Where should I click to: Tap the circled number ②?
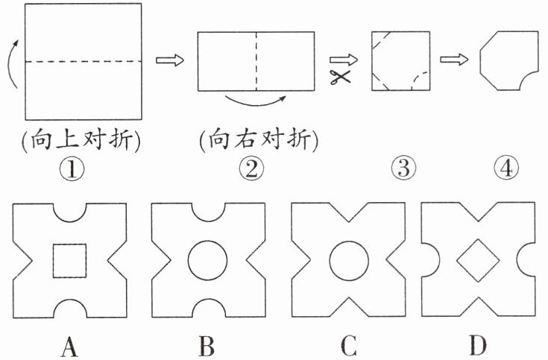pos(253,170)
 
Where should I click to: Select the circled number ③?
pos(403,170)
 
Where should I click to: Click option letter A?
pos(71,344)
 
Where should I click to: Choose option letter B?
pos(207,344)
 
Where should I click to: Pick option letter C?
pos(347,344)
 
